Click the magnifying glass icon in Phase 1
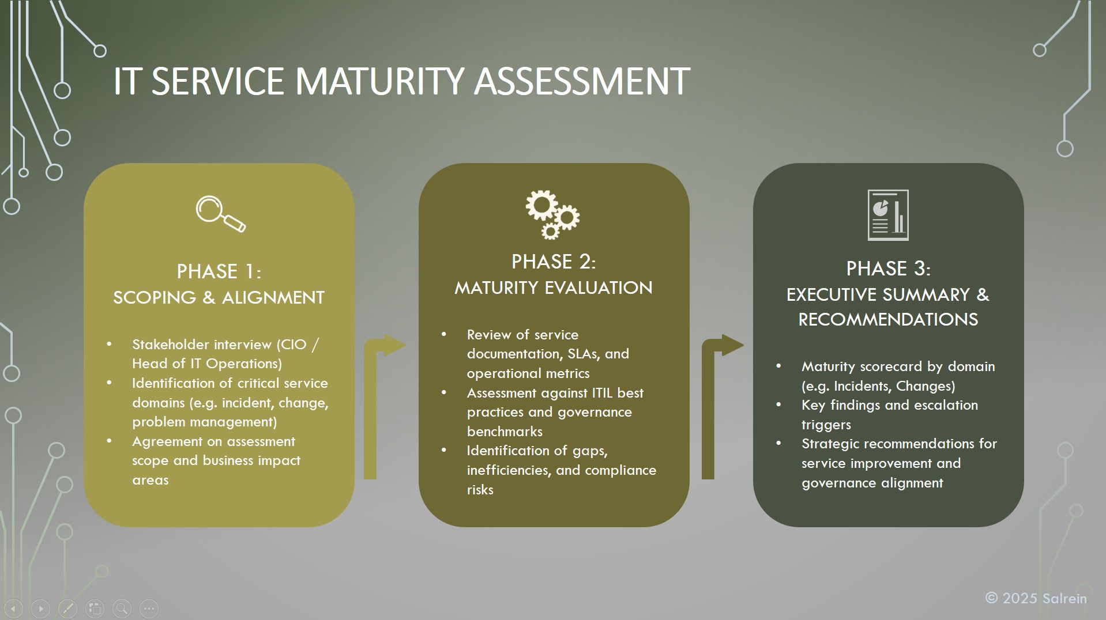[x=220, y=214]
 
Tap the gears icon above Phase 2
[x=552, y=214]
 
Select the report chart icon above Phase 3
[x=888, y=215]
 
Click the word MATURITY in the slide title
[x=379, y=81]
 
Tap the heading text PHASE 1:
[x=219, y=271]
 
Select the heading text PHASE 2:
[x=554, y=262]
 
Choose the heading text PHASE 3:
[x=888, y=269]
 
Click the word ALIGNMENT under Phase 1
[x=273, y=297]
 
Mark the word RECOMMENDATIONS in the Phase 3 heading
[x=888, y=319]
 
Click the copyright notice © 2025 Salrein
[x=1036, y=599]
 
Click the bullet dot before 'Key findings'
[x=778, y=405]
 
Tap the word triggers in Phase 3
[x=826, y=425]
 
